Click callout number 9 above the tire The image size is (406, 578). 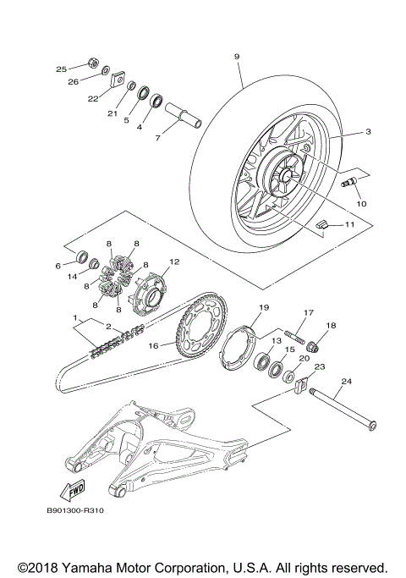click(237, 56)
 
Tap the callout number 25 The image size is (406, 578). click(61, 69)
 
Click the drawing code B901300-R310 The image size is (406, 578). click(81, 511)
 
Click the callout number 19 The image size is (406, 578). click(263, 307)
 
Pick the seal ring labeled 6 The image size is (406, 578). click(83, 256)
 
